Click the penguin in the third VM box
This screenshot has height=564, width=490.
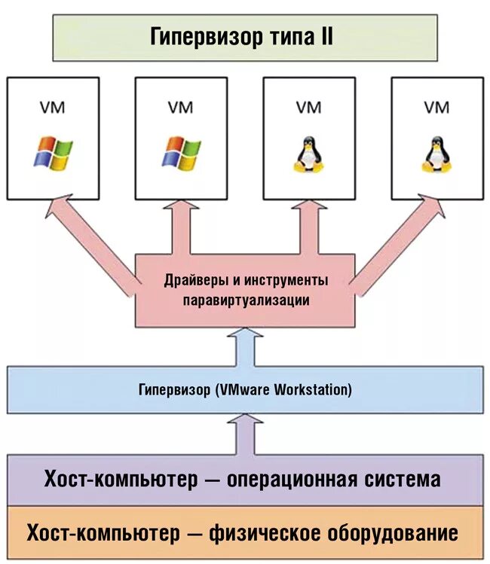[x=308, y=154]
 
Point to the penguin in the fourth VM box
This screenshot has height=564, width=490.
[x=436, y=154]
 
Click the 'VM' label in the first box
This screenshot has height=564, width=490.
[x=53, y=108]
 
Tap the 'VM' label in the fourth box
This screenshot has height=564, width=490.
[x=436, y=108]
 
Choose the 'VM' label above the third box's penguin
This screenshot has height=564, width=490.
[x=308, y=108]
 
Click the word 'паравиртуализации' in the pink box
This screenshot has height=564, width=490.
[x=247, y=299]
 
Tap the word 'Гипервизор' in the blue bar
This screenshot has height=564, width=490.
[x=174, y=390]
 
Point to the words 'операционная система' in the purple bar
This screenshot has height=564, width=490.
[x=334, y=479]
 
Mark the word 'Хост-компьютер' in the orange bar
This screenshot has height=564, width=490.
[x=103, y=533]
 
